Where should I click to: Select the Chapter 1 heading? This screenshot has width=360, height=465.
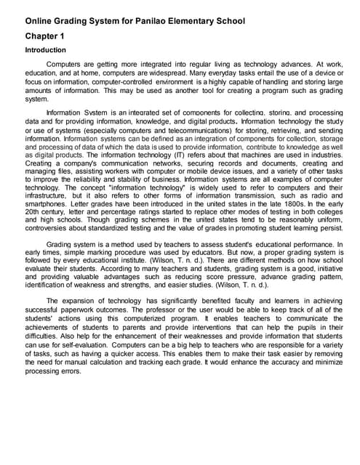45,36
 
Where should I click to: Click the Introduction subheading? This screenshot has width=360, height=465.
46,50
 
